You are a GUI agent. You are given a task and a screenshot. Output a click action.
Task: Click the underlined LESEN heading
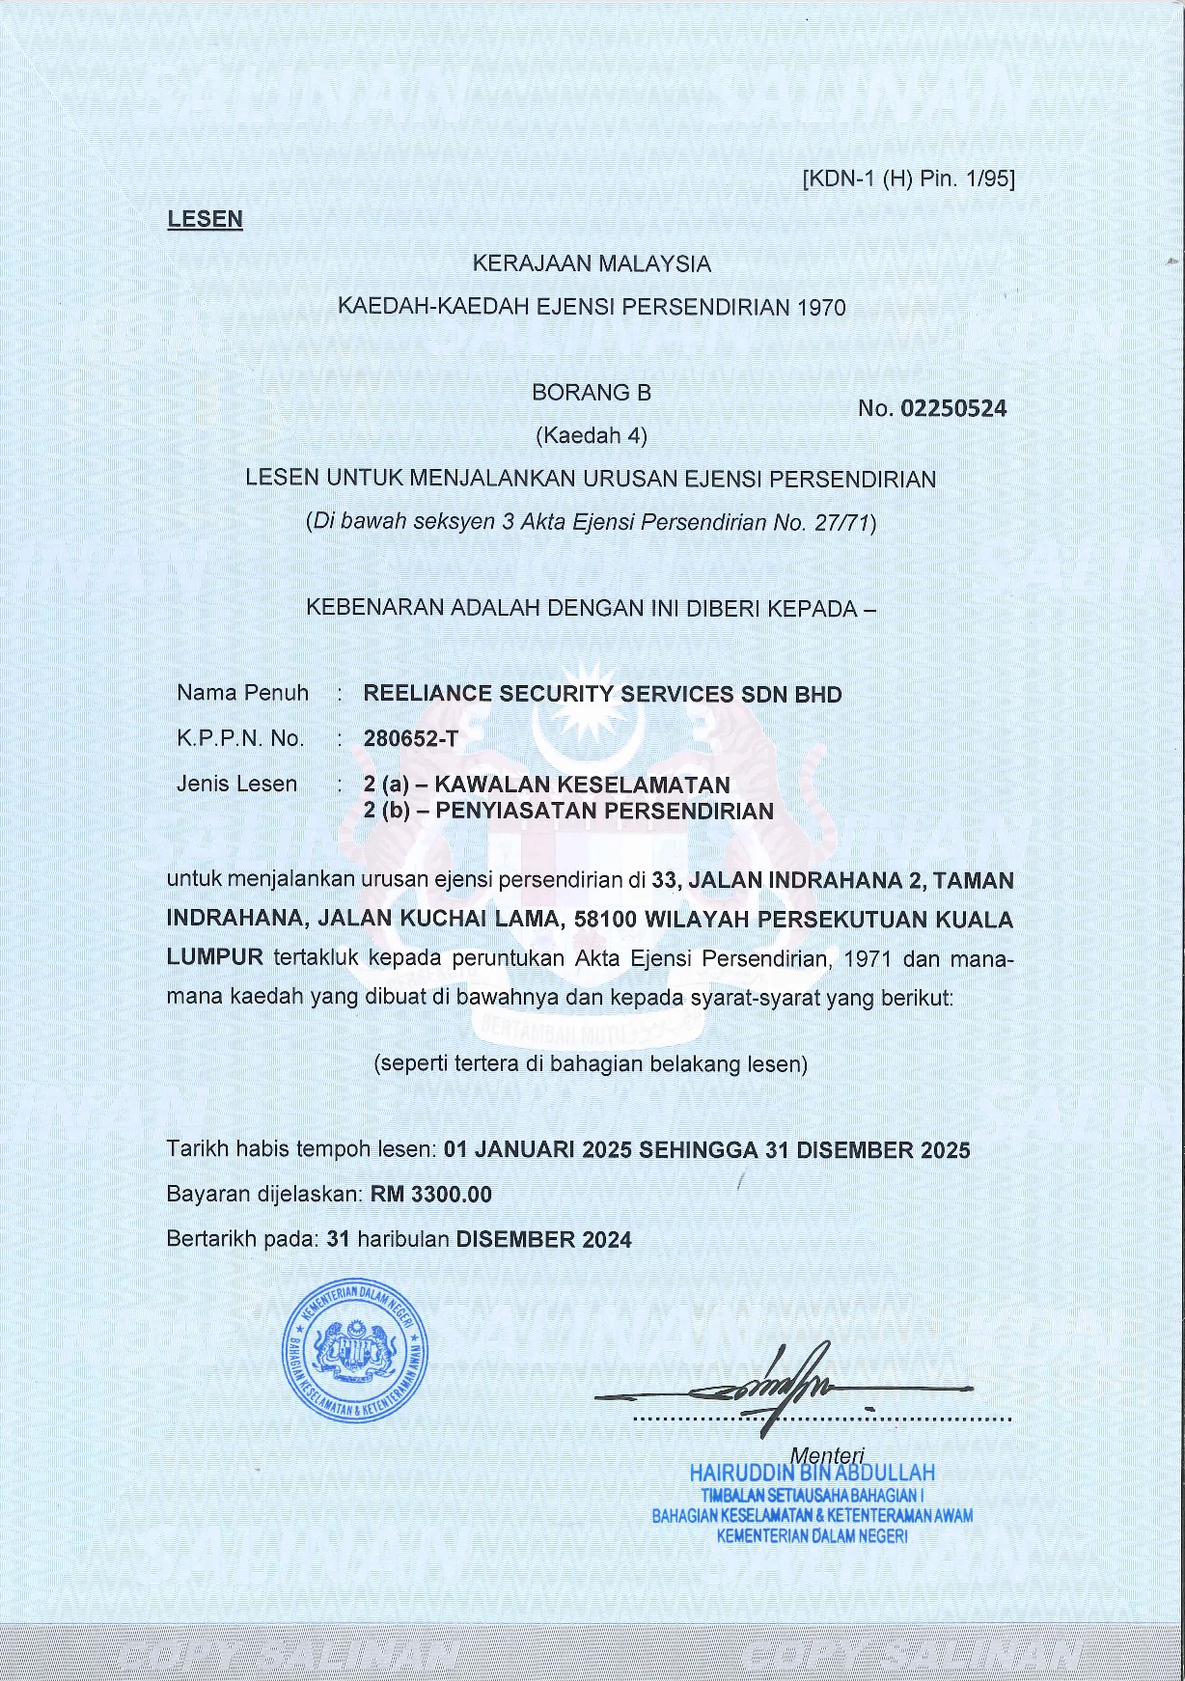pos(205,219)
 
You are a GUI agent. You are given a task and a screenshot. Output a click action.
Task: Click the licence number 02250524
pos(952,408)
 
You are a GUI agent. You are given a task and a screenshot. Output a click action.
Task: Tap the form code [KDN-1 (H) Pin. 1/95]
pos(908,179)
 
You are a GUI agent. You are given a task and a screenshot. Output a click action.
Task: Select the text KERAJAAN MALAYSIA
pos(591,262)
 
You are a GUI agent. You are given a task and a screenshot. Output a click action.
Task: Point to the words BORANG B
pos(591,393)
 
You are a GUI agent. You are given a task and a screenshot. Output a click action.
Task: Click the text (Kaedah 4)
pos(591,435)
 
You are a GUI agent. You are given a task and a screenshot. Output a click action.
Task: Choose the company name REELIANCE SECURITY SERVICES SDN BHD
pos(602,694)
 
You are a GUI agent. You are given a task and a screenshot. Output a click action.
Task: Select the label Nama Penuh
pos(242,693)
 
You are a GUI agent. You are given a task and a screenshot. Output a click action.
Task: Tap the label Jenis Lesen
pos(236,784)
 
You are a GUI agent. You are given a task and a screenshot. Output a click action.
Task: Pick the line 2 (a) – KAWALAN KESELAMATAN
pos(546,785)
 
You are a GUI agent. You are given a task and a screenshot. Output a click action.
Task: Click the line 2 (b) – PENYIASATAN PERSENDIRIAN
pos(568,811)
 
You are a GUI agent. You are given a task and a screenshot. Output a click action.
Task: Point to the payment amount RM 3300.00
pos(431,1195)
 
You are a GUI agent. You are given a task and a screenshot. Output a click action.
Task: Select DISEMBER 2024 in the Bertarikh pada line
pos(543,1239)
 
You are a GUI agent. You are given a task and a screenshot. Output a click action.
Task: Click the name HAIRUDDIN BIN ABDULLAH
pos(812,1473)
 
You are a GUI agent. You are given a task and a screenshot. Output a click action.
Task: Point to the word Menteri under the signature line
pos(827,1454)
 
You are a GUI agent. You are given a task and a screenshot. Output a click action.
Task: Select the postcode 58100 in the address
pos(605,919)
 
